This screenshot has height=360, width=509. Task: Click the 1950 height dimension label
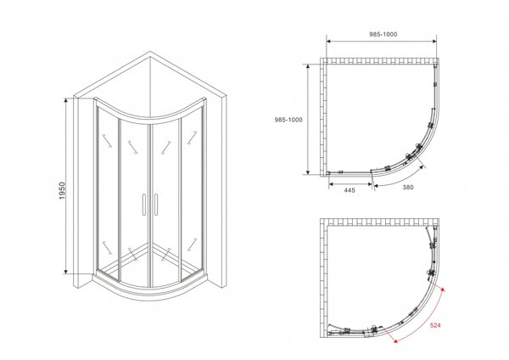(x=62, y=191)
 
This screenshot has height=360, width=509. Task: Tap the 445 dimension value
(x=350, y=190)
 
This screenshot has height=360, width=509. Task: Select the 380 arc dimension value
(x=408, y=187)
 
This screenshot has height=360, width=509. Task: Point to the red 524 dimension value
(x=435, y=325)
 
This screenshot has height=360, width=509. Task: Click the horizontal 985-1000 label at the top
(x=383, y=34)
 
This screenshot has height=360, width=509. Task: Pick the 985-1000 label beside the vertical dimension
(x=288, y=120)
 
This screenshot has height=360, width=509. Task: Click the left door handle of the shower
(x=143, y=205)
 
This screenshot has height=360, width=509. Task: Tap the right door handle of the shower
(x=156, y=205)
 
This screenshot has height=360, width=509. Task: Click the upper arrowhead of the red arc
(x=445, y=290)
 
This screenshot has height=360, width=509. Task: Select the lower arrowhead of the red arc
(x=395, y=340)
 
